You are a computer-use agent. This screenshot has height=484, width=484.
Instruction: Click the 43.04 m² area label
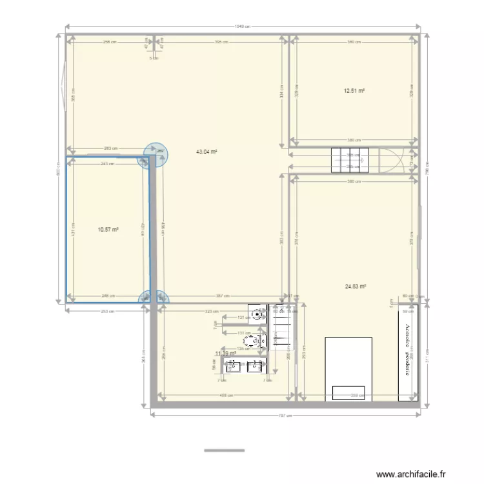(207, 152)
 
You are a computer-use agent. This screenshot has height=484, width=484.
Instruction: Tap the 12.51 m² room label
(354, 91)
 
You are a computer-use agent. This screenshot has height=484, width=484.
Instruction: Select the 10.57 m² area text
(108, 229)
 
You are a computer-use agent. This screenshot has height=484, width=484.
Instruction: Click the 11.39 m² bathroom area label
(226, 353)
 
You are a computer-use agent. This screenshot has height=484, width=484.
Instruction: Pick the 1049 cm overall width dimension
(242, 27)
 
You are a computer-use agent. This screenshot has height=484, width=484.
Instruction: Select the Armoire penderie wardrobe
(408, 352)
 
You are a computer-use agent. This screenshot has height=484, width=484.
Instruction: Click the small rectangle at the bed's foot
(348, 392)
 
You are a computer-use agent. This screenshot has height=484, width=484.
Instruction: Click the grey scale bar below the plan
(225, 450)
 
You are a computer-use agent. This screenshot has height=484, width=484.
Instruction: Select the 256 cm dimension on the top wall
(110, 43)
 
